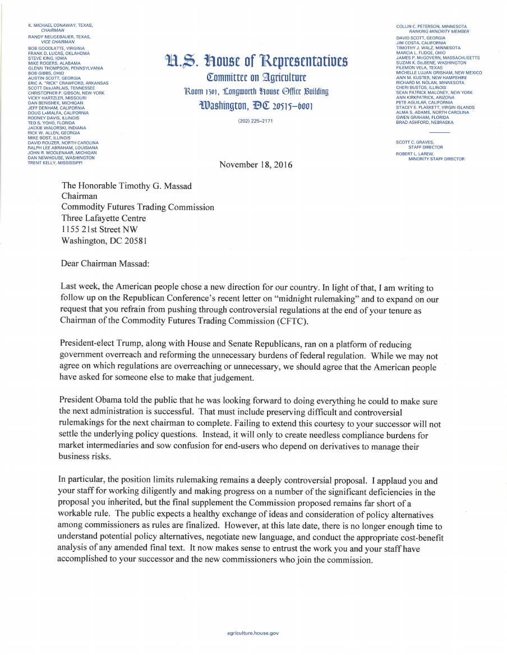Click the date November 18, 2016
coord(256,165)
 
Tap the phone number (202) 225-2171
coord(255,122)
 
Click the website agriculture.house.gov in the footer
coord(253,633)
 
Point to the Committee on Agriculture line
coord(255,77)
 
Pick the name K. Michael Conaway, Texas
coord(60,25)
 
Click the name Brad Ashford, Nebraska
coord(425,122)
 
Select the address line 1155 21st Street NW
coord(99,229)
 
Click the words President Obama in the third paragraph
coord(87,402)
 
